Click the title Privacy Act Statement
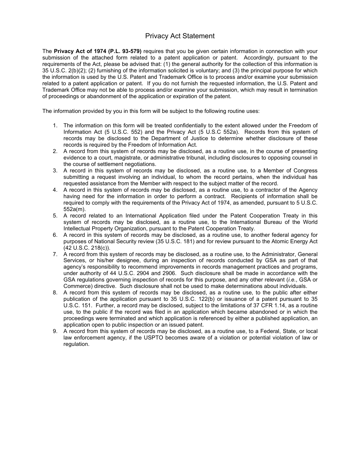coord(180,36)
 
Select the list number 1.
coord(55,125)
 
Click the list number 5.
coord(55,216)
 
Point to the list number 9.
coord(55,331)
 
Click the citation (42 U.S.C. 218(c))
coord(87,248)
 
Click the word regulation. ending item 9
coord(76,344)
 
